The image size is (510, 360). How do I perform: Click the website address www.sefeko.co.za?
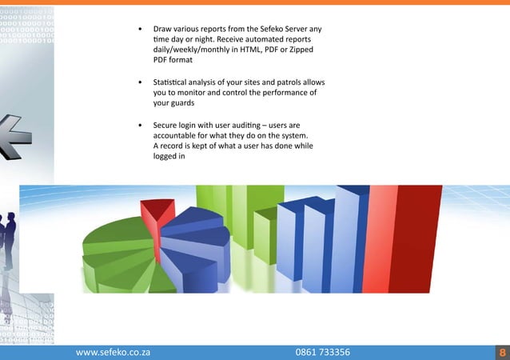tap(113, 351)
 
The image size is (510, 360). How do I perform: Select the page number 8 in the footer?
tap(501, 351)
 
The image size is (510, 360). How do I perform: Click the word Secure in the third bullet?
tap(167, 126)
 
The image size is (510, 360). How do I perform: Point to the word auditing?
tap(251, 126)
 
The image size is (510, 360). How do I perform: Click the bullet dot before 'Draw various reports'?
tap(140, 30)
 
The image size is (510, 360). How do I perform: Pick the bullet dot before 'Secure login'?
tap(140, 126)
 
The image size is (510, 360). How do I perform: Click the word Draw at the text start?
tap(163, 29)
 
